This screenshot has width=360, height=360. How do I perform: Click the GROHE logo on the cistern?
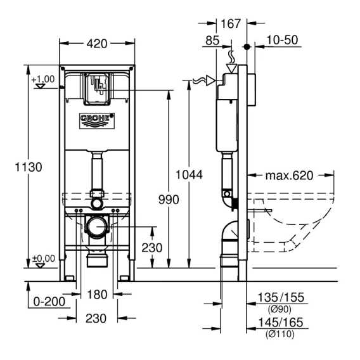pyautogui.click(x=97, y=121)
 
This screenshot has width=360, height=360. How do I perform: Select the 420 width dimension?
pyautogui.click(x=97, y=44)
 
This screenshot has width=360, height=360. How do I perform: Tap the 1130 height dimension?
pyautogui.click(x=29, y=167)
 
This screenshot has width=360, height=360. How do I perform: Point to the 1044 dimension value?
pyautogui.click(x=189, y=175)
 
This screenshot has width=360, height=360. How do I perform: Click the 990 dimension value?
pyautogui.click(x=169, y=200)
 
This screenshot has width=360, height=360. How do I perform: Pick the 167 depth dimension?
pyautogui.click(x=231, y=23)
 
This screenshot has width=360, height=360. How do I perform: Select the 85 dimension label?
pyautogui.click(x=212, y=41)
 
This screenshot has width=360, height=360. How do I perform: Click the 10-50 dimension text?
pyautogui.click(x=282, y=40)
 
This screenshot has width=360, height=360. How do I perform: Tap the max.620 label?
pyautogui.click(x=289, y=176)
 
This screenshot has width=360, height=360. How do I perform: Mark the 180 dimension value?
pyautogui.click(x=97, y=295)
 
